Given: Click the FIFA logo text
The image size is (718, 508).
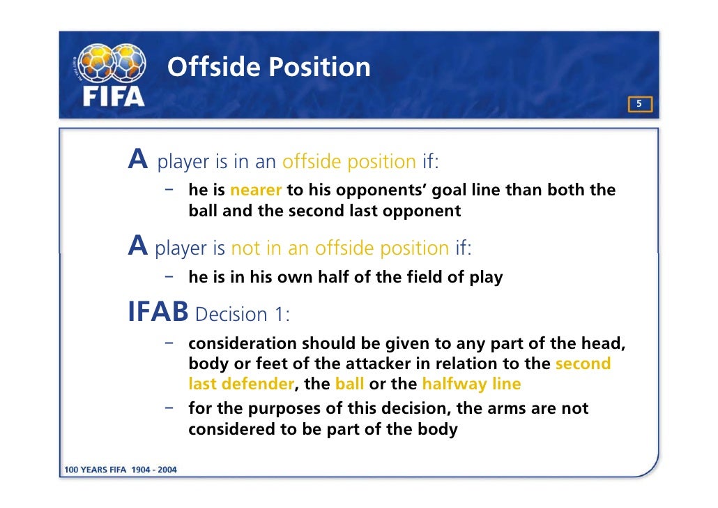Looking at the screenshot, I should (x=114, y=96).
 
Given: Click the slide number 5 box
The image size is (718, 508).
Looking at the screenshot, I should (x=640, y=105).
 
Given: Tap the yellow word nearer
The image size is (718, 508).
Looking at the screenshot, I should (x=255, y=190).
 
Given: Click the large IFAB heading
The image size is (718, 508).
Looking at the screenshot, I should (x=158, y=313).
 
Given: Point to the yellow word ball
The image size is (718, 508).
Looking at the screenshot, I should (x=349, y=384).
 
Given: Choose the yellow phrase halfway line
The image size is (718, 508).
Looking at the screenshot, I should (x=471, y=384).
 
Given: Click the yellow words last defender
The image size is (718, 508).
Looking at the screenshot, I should (x=240, y=384).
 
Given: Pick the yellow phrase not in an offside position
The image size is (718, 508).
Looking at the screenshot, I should (x=340, y=248).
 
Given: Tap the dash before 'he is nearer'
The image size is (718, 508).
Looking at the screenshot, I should (x=169, y=189).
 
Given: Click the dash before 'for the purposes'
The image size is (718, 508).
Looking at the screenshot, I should (x=169, y=407).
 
